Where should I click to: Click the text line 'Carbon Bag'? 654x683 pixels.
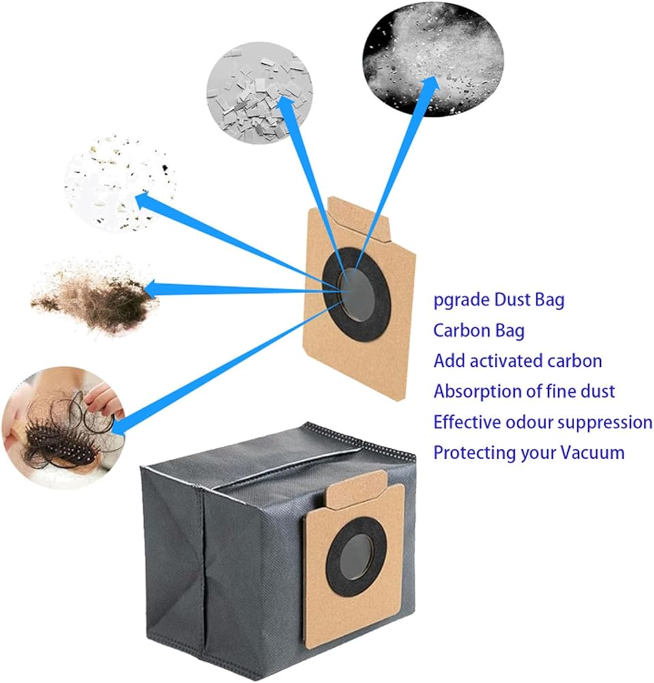point(479,331)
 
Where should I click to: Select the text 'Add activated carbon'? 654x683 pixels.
point(517,361)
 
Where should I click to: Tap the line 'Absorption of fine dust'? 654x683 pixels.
point(524,391)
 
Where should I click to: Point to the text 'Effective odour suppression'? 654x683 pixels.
point(543,421)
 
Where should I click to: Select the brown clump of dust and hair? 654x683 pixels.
point(94,296)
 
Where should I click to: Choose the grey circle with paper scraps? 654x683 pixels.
point(259,93)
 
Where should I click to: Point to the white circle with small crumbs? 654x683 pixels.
point(119,183)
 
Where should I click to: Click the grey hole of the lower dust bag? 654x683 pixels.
point(356,557)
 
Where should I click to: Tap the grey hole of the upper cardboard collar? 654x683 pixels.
point(357,294)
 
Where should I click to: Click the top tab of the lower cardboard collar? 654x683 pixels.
point(356,489)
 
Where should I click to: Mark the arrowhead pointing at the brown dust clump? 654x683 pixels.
point(152,289)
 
